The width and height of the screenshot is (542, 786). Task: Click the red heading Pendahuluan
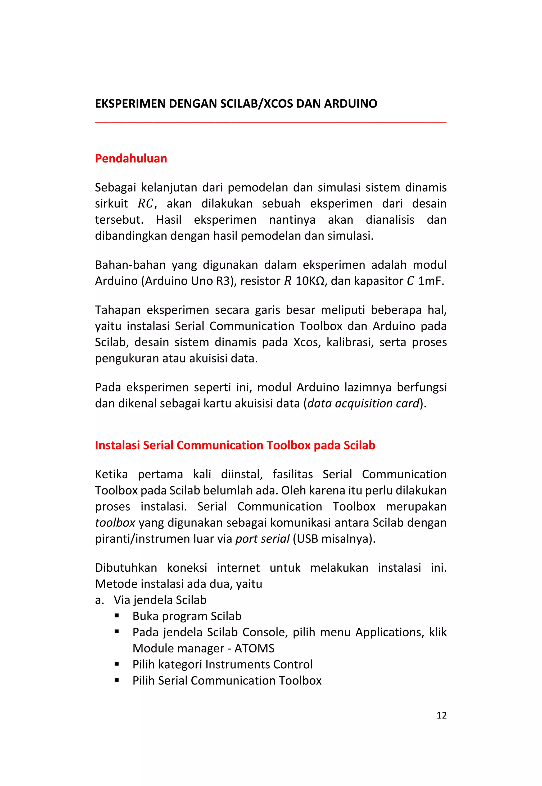click(131, 158)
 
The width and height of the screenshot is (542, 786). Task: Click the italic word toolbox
click(115, 523)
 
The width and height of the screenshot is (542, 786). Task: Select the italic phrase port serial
click(262, 539)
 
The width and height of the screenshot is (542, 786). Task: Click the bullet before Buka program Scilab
click(117, 615)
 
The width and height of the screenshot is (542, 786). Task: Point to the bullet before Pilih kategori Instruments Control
click(117, 664)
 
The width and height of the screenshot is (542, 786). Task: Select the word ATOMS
click(254, 648)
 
